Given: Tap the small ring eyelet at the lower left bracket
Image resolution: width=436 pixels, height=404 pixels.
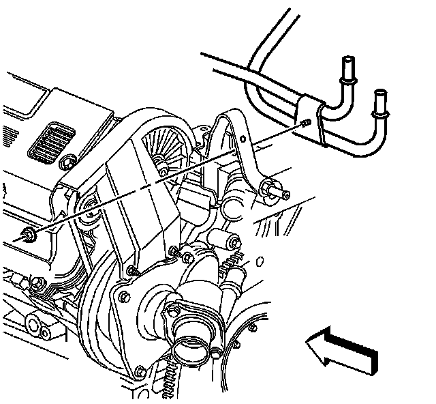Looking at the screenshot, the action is click(46, 332).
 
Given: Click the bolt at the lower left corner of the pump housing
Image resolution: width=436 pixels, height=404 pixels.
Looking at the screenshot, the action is click(140, 371).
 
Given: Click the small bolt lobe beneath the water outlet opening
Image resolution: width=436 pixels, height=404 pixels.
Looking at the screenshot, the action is click(216, 353).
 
